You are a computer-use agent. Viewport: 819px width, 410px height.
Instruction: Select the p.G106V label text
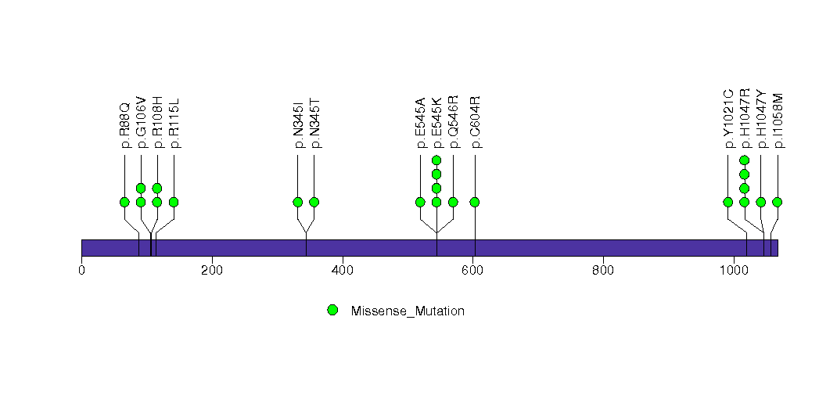pyautogui.click(x=141, y=122)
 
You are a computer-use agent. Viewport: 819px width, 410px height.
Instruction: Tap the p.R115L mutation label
pyautogui.click(x=174, y=123)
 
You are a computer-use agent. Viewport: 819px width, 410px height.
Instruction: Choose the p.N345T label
pyautogui.click(x=314, y=124)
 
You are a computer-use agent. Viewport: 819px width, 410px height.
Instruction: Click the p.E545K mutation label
pyautogui.click(x=436, y=123)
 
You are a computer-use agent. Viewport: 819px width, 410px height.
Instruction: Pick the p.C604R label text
pyautogui.click(x=475, y=123)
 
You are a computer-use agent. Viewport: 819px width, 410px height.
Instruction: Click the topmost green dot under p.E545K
pyautogui.click(x=436, y=160)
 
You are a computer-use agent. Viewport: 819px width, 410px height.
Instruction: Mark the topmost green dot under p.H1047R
pyautogui.click(x=745, y=160)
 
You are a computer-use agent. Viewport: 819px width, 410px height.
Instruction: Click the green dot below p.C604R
pyautogui.click(x=475, y=202)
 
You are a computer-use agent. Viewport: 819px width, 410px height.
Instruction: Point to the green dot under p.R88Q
pyautogui.click(x=124, y=202)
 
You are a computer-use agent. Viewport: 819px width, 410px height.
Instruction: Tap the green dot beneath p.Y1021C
pyautogui.click(x=728, y=202)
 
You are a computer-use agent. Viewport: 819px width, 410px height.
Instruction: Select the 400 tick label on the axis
pyautogui.click(x=343, y=271)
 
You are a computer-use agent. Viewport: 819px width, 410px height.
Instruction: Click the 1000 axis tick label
pyautogui.click(x=734, y=271)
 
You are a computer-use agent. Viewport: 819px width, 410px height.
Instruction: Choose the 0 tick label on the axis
pyautogui.click(x=81, y=271)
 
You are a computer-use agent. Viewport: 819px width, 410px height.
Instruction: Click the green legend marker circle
pyautogui.click(x=332, y=310)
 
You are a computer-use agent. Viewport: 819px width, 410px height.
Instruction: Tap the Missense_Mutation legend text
pyautogui.click(x=408, y=311)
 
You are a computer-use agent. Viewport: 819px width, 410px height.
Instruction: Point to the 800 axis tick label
pyautogui.click(x=603, y=271)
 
